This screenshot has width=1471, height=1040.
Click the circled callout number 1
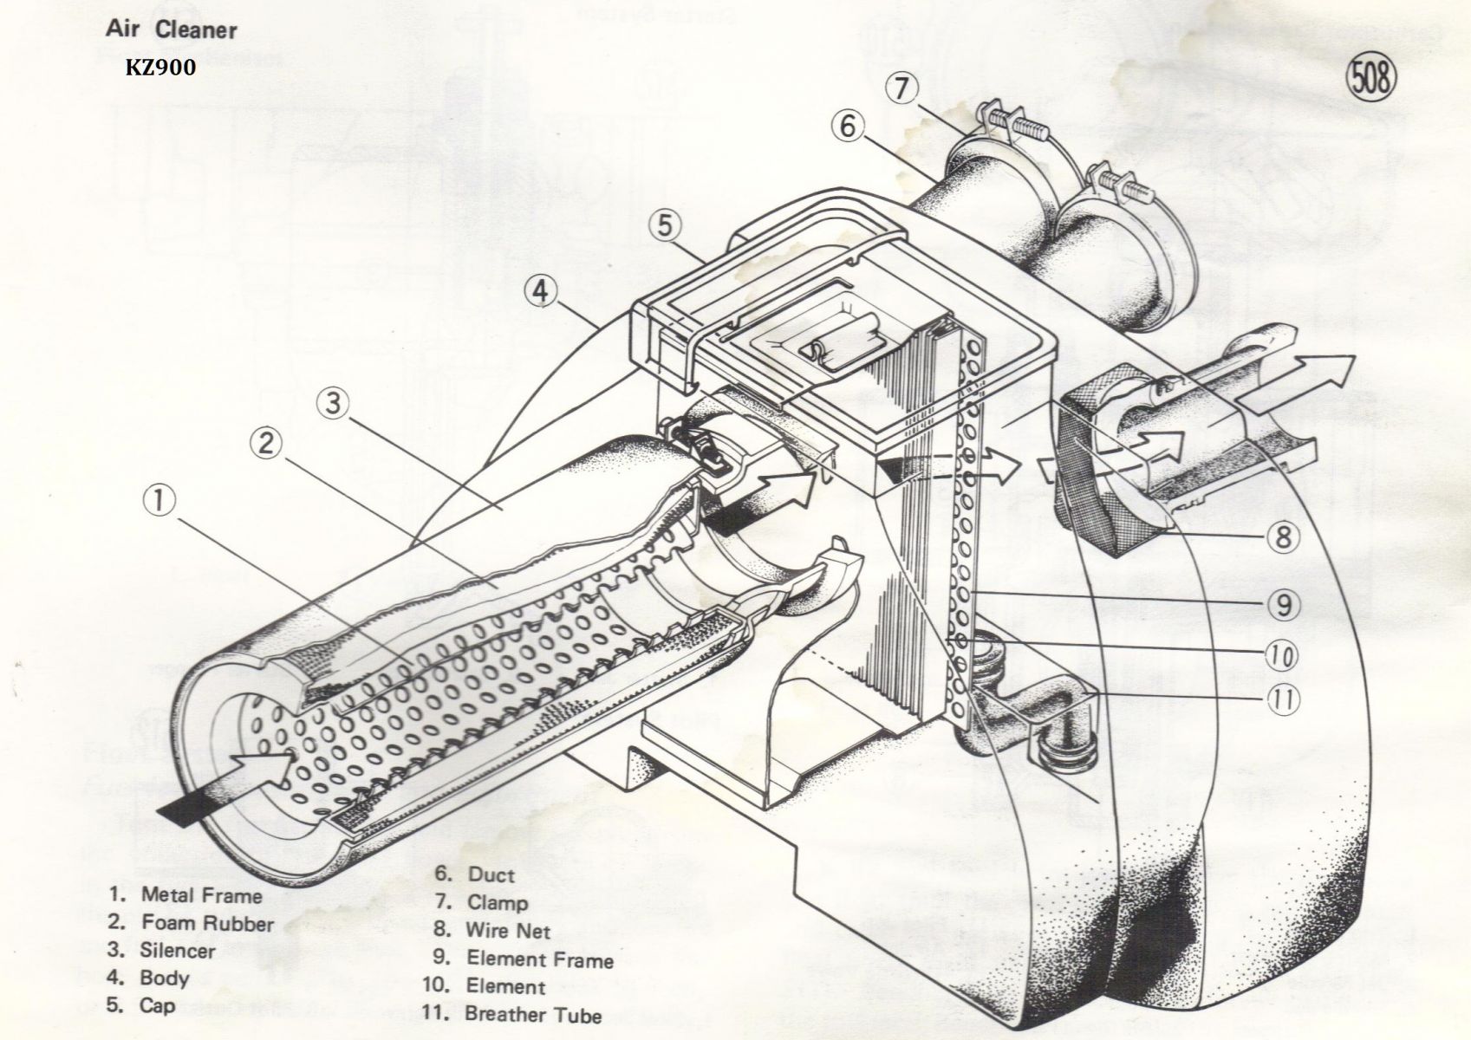click(x=160, y=500)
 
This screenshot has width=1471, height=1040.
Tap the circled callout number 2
click(x=267, y=443)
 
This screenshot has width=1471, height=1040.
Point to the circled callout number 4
click(x=540, y=291)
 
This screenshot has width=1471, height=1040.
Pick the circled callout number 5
click(x=663, y=224)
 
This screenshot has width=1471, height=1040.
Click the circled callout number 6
click(x=847, y=127)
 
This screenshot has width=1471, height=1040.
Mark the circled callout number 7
click(x=902, y=89)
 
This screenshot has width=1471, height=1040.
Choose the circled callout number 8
click(x=1284, y=536)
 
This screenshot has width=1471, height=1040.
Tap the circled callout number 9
click(x=1284, y=604)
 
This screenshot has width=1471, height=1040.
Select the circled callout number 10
click(x=1284, y=654)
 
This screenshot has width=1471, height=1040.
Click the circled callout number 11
click(x=1284, y=699)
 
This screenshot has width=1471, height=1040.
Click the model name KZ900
click(x=160, y=68)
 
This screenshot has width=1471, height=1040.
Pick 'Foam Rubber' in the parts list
click(x=206, y=923)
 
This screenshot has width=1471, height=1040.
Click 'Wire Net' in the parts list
click(x=508, y=931)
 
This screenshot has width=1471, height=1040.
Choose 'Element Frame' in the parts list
click(x=539, y=959)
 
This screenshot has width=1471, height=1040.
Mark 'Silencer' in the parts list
click(x=177, y=951)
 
